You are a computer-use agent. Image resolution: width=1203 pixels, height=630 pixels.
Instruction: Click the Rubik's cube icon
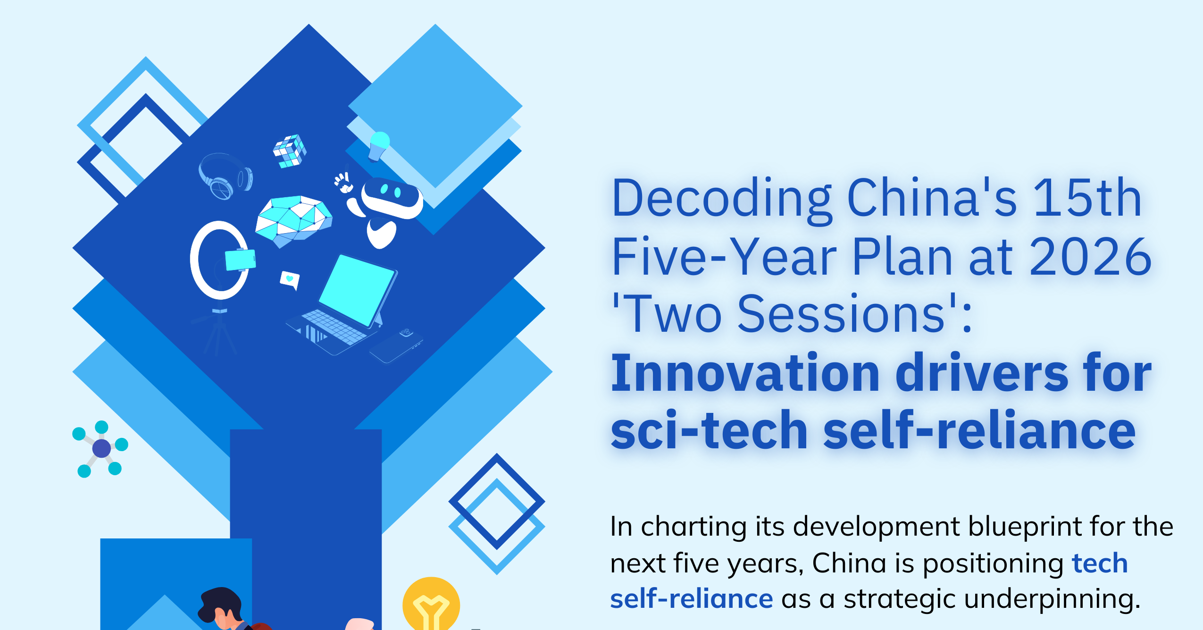point(290,151)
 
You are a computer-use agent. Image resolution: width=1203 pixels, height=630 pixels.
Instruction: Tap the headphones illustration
point(226,176)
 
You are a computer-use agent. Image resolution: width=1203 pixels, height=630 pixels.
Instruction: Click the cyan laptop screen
point(356,290)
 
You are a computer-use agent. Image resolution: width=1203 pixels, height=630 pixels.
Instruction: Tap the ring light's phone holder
point(241,260)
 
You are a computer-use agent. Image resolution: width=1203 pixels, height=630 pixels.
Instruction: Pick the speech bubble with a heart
point(290,280)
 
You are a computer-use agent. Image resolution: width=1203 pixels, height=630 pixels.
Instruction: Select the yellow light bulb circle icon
point(431,604)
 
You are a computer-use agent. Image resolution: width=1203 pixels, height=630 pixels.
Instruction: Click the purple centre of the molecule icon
point(101,448)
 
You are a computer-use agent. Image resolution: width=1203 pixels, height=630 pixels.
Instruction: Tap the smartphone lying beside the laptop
point(396,346)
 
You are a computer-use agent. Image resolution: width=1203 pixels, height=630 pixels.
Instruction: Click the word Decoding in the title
point(721,199)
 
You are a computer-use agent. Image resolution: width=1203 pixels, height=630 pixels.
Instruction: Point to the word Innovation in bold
point(745,373)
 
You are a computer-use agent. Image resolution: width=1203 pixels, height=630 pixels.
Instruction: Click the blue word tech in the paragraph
point(1100,563)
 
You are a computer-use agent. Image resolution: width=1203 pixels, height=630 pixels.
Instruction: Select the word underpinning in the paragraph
point(1052,600)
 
